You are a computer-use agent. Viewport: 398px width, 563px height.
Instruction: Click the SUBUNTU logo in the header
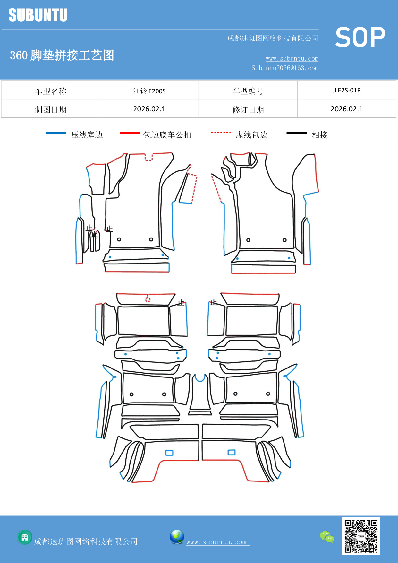[x=38, y=15]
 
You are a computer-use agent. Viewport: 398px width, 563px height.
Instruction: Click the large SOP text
[x=360, y=38]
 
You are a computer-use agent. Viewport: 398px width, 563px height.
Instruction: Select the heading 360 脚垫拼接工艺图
[x=62, y=55]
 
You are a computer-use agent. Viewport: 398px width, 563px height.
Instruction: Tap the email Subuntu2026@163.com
[x=285, y=68]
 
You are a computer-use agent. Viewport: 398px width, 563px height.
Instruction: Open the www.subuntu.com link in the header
[x=292, y=58]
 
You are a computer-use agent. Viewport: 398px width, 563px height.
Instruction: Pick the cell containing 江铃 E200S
[x=149, y=91]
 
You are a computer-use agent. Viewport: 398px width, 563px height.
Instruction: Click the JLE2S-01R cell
[x=346, y=90]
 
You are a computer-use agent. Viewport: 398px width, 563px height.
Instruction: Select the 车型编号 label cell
[x=248, y=91]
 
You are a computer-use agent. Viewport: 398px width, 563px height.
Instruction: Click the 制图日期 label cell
[x=51, y=109]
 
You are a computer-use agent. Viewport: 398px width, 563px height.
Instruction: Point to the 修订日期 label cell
[x=248, y=109]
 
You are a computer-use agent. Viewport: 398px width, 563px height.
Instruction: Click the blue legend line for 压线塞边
[x=56, y=133]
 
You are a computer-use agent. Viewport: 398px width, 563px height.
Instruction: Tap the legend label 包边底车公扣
[x=167, y=135]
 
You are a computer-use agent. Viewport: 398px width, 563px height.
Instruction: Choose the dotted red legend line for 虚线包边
[x=221, y=132]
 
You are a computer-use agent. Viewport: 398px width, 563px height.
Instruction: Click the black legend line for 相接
[x=297, y=133]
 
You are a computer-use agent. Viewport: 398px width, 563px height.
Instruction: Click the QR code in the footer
[x=361, y=536]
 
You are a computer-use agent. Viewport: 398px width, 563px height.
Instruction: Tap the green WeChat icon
[x=327, y=537]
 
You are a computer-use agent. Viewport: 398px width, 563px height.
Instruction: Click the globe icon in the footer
[x=177, y=537]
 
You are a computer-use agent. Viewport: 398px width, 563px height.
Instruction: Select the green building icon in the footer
[x=25, y=537]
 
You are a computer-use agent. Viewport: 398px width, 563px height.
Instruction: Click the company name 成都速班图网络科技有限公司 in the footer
[x=86, y=541]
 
